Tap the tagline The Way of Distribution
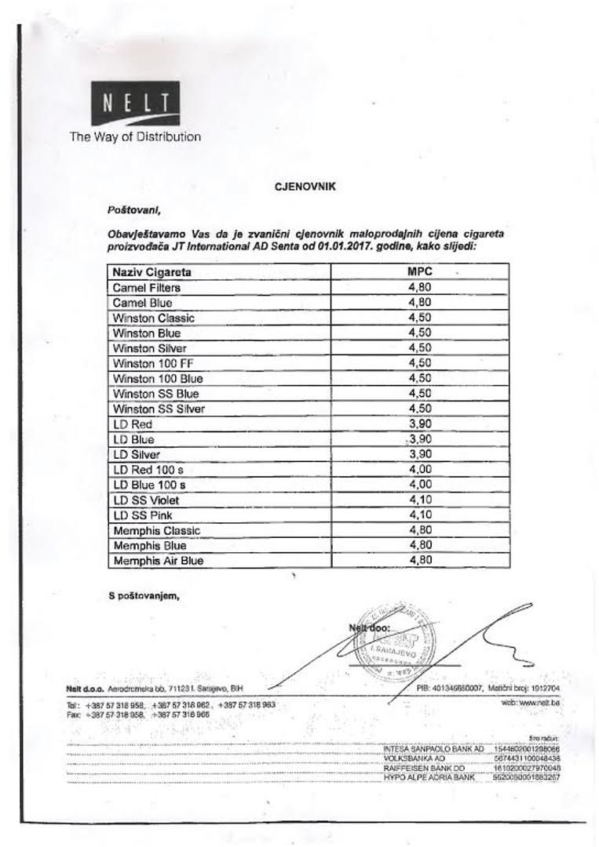[x=135, y=136]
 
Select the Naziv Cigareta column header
[x=152, y=272]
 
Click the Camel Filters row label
[x=146, y=287]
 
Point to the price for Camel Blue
[x=420, y=303]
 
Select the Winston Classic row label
[x=153, y=318]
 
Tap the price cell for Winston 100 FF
[x=420, y=363]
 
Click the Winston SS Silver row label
[x=159, y=409]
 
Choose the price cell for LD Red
[x=420, y=423]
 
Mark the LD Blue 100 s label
[x=148, y=485]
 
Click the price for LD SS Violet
[x=420, y=500]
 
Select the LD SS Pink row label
[x=142, y=515]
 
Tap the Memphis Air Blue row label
[x=158, y=561]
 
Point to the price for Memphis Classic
[x=420, y=530]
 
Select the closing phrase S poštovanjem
[x=144, y=595]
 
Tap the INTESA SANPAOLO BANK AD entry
[x=433, y=750]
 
